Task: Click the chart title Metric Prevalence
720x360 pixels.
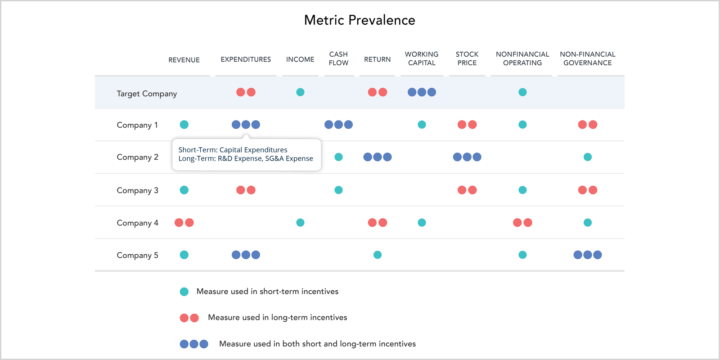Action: [360, 20]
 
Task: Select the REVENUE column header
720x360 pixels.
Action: [184, 60]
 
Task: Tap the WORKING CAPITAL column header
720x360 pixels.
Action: [422, 58]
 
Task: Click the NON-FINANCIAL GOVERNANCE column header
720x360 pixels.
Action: [588, 58]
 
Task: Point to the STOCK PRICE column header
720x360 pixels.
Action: [467, 58]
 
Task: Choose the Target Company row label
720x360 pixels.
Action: [147, 94]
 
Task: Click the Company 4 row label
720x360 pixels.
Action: [138, 223]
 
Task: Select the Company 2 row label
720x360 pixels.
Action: [138, 157]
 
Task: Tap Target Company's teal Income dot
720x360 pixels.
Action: [300, 92]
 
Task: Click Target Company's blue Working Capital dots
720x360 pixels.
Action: [422, 92]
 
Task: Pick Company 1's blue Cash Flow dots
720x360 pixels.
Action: [338, 124]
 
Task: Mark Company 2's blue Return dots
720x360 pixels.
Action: [378, 157]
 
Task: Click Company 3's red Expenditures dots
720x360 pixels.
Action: [246, 190]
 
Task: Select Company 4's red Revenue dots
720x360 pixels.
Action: [184, 222]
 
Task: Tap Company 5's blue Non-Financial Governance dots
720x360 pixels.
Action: [588, 255]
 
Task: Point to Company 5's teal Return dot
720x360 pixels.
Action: [378, 255]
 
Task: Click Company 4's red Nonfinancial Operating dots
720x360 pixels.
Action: [522, 222]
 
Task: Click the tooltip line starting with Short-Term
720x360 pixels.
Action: [233, 150]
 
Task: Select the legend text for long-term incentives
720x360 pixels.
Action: [277, 318]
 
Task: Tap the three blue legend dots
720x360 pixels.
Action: [194, 344]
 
